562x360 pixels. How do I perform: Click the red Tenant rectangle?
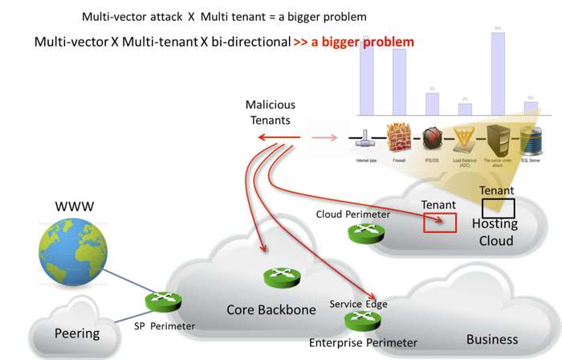pyautogui.click(x=440, y=223)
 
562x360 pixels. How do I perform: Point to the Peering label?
pyautogui.click(x=76, y=333)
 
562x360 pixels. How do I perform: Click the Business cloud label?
pyautogui.click(x=493, y=339)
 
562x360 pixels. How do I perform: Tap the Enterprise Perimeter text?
pyautogui.click(x=363, y=343)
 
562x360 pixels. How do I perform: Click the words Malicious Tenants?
pyautogui.click(x=270, y=112)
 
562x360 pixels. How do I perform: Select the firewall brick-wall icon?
pyautogui.click(x=398, y=138)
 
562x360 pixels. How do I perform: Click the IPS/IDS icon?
pyautogui.click(x=433, y=138)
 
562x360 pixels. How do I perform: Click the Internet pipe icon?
pyautogui.click(x=366, y=138)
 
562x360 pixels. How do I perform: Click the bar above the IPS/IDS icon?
pyautogui.click(x=433, y=104)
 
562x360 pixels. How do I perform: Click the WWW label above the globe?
pyautogui.click(x=74, y=207)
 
